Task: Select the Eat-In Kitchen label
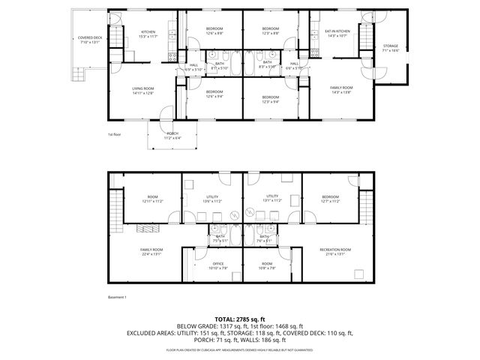tap(336, 31)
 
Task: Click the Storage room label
tap(391, 46)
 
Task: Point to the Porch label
tap(172, 133)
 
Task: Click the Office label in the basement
tap(218, 263)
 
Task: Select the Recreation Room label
tap(335, 249)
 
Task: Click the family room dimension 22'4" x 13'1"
tap(151, 254)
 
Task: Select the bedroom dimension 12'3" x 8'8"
tap(270, 33)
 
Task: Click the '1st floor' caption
tap(115, 134)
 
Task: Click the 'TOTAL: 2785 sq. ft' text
tap(240, 319)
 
